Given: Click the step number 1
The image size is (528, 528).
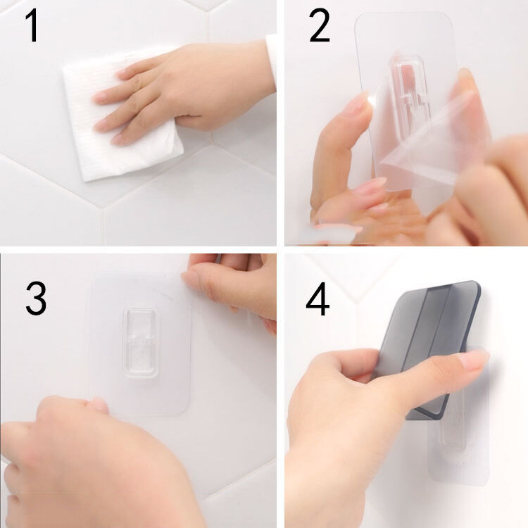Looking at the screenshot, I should click(x=32, y=27).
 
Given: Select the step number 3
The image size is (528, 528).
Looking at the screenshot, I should click(x=36, y=298).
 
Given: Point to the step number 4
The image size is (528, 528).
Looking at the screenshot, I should click(x=318, y=301).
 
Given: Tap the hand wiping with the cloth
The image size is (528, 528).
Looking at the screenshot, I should click(x=190, y=92).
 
